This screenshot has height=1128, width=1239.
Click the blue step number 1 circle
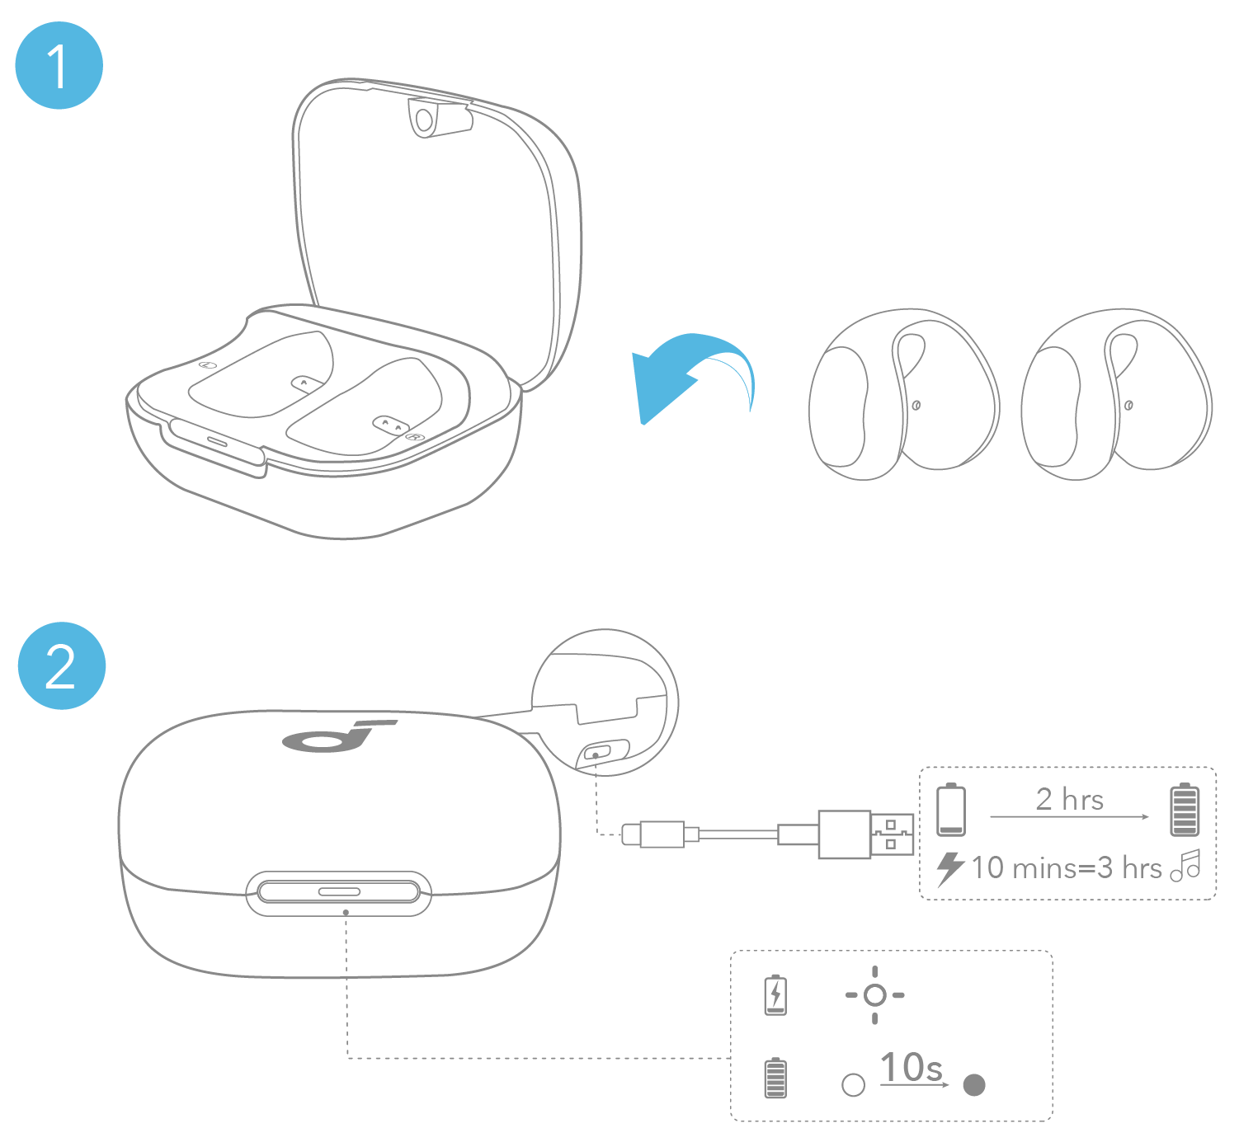(x=59, y=66)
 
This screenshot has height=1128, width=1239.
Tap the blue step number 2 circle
(x=62, y=665)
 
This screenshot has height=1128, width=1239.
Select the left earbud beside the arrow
(x=904, y=394)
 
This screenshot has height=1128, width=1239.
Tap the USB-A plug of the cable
(x=866, y=834)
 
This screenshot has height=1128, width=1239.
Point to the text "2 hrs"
(x=1069, y=799)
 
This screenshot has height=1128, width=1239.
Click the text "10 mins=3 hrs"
(x=1066, y=867)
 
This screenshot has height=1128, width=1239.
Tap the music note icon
(x=1186, y=866)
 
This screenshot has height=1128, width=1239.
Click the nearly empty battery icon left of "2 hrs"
(x=951, y=810)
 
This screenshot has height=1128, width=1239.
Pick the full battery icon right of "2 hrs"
(x=1185, y=810)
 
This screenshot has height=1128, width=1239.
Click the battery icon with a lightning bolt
(x=775, y=994)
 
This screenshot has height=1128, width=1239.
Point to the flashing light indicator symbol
(x=874, y=995)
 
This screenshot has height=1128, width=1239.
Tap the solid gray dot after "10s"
(x=974, y=1084)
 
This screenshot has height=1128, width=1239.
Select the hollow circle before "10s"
(x=854, y=1084)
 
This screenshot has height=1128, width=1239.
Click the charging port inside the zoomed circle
(x=596, y=752)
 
